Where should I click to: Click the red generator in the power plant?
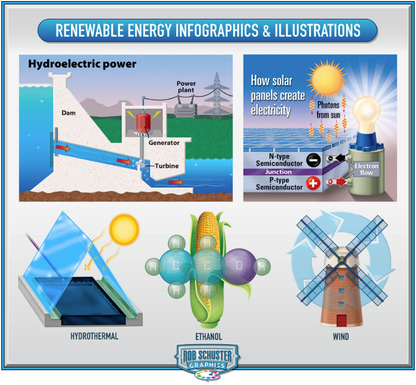click(x=144, y=123)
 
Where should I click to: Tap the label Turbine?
click(x=167, y=166)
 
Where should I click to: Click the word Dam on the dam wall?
click(x=68, y=113)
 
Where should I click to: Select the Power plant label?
click(x=186, y=87)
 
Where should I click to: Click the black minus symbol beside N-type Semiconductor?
click(x=313, y=160)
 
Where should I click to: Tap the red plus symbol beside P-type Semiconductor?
click(x=313, y=183)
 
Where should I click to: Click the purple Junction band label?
click(x=278, y=172)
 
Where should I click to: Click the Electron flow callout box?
click(x=366, y=170)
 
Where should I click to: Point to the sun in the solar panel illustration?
click(x=326, y=80)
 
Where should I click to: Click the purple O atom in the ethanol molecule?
click(x=239, y=266)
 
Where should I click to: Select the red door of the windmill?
click(x=342, y=320)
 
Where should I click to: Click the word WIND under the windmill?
click(x=341, y=336)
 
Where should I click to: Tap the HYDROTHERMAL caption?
click(x=94, y=336)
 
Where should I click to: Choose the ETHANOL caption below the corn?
click(x=209, y=336)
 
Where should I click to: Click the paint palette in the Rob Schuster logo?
click(x=207, y=375)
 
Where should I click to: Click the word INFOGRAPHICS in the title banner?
click(x=217, y=30)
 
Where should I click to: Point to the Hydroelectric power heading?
click(x=82, y=64)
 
